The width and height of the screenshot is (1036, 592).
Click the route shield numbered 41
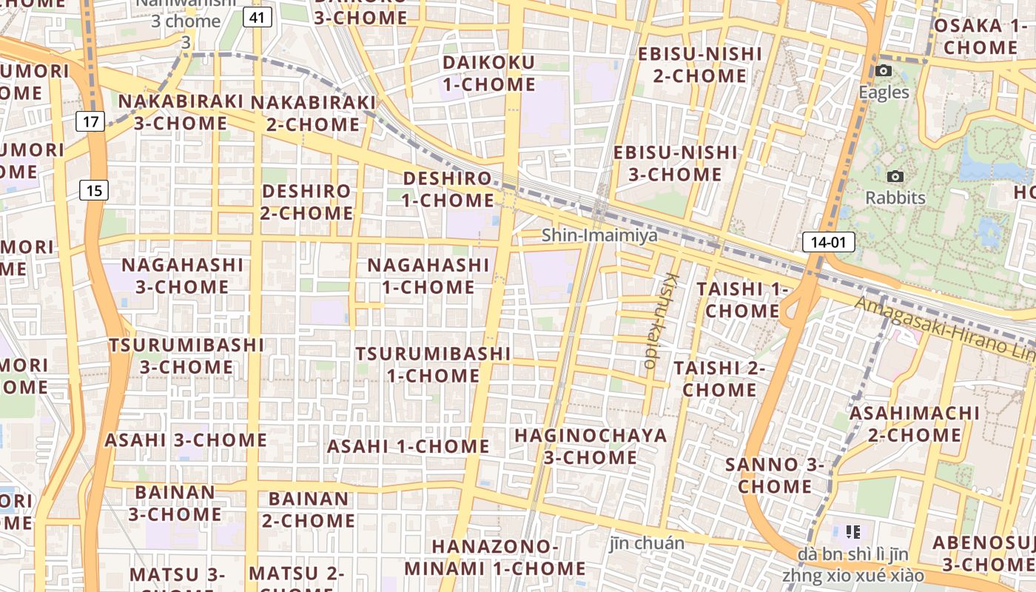pos(256,18)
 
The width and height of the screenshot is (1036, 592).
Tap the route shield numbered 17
pos(90,121)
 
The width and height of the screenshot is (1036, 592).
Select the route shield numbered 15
pos(94,190)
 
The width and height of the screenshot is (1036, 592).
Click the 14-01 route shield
pos(828,242)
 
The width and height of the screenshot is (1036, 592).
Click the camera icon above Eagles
pos(883,71)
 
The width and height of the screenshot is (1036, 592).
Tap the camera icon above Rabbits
pos(895,177)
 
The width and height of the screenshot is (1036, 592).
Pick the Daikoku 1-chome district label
pos(488,73)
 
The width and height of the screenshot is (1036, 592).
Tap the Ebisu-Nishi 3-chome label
pos(675,164)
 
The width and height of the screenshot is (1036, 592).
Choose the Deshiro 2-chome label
pos(306,202)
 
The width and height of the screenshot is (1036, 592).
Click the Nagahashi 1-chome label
pos(428,275)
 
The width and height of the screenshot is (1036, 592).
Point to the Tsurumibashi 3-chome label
pos(186,356)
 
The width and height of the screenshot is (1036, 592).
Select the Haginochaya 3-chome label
pos(591,446)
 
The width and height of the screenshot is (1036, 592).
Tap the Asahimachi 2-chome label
pos(914,424)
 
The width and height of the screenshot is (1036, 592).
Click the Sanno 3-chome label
pos(775,476)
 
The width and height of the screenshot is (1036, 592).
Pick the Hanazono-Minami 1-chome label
pos(495,557)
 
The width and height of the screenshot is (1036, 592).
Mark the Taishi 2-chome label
pos(719,378)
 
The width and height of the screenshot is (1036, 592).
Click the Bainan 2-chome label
pos(308,509)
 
